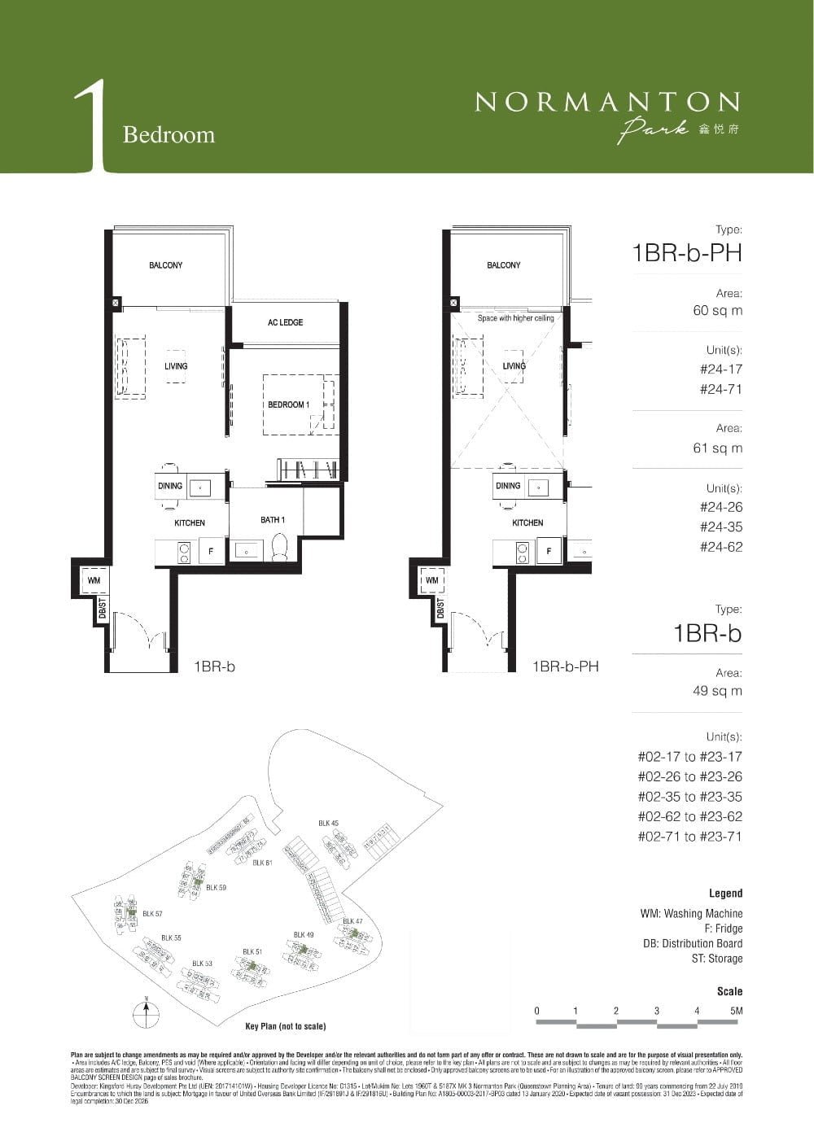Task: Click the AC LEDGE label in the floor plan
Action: pos(285,323)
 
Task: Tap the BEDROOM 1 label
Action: pos(288,404)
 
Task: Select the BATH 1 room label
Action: pos(272,520)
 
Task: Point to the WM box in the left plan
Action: pos(94,580)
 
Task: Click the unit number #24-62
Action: pos(720,547)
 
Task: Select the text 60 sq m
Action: pos(717,311)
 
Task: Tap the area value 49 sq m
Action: pos(717,691)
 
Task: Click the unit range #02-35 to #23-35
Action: pos(689,797)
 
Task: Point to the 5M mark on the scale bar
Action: pos(737,1011)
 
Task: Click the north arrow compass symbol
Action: pos(146,1012)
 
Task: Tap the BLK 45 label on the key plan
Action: pos(328,824)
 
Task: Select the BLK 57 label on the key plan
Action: pos(152,914)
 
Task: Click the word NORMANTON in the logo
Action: pos(607,102)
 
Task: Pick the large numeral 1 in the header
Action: pos(91,126)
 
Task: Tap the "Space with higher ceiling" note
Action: pos(515,318)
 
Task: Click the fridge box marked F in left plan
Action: pos(212,551)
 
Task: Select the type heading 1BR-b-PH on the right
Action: pos(687,253)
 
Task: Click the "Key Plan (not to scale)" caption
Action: pos(285,1026)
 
